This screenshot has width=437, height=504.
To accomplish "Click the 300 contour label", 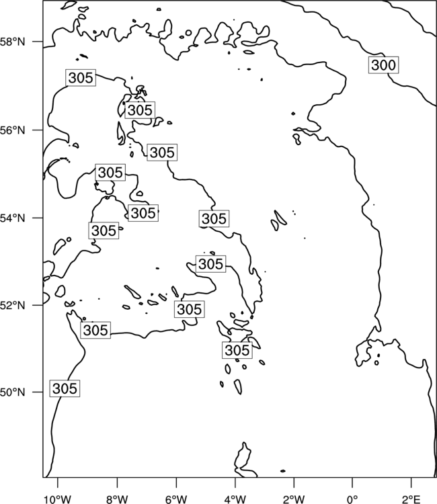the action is pos(383,65).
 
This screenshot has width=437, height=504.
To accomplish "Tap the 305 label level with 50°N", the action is pos(65,388).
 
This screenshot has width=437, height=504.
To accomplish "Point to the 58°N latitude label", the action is pos(13,42).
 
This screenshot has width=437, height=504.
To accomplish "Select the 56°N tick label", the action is pos(13,130).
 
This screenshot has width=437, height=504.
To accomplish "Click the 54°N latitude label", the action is pos(13,218).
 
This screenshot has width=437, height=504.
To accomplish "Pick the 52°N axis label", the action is pos(13,305).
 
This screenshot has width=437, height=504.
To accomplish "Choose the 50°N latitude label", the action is pos(13,392).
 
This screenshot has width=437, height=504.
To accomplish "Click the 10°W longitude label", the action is pos(58,499).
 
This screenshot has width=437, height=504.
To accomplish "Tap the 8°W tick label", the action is pos(117,499).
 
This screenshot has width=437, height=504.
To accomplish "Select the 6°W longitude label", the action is pos(176,499).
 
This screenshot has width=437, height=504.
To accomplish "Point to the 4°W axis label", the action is pos(235,499).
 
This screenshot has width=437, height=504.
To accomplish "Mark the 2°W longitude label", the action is pos(294,499).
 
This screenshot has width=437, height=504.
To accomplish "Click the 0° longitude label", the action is pos(352,499).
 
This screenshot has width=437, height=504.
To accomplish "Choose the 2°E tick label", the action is pos(411,499).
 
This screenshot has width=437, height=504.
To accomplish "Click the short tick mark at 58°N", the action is pos(37,42).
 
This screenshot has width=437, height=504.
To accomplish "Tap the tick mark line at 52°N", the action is pos(37,304).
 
